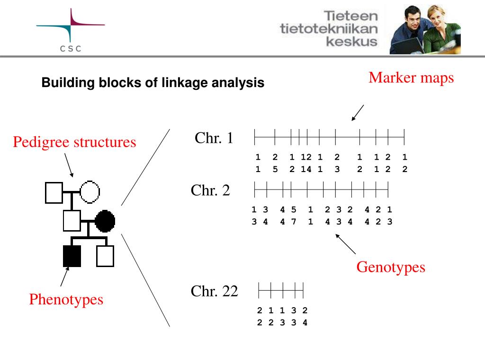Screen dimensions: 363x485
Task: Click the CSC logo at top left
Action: tap(71, 31)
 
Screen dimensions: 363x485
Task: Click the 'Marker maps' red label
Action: tap(411, 78)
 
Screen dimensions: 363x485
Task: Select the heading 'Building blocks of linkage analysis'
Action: tap(153, 83)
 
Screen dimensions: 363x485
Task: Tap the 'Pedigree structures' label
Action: tap(74, 142)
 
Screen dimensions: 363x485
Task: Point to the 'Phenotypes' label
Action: tap(66, 299)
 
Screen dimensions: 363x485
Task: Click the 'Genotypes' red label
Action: tap(391, 267)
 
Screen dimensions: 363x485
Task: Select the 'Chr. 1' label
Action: tap(214, 138)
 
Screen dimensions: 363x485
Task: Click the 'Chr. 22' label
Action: tap(214, 291)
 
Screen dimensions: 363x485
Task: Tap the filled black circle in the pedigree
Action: tap(105, 221)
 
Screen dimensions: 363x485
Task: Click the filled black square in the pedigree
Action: tap(72, 256)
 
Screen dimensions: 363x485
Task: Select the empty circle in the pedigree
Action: tap(90, 192)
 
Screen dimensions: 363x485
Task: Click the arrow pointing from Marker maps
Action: tap(358, 113)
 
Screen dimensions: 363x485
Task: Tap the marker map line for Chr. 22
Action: tap(280, 289)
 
